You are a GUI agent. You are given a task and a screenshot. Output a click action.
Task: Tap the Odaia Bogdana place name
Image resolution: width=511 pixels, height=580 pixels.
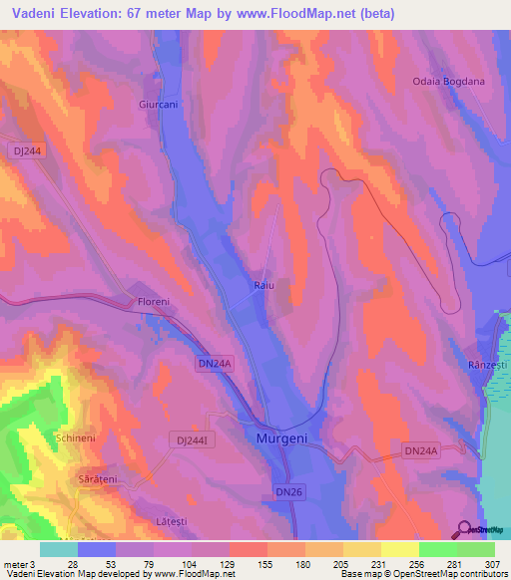[450, 82]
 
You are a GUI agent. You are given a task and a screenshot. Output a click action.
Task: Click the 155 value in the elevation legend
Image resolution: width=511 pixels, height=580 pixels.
[265, 563]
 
